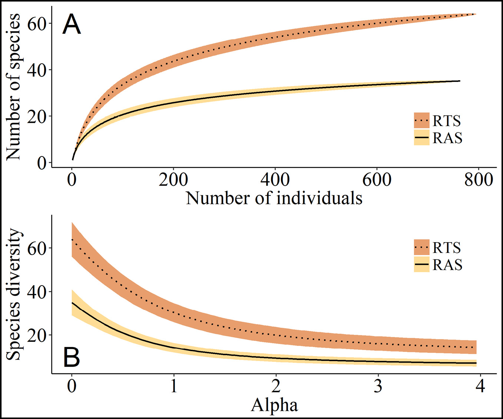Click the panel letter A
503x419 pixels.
click(71, 24)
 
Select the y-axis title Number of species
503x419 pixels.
click(13, 87)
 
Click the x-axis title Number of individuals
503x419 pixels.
click(274, 198)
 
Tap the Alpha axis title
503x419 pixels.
click(274, 405)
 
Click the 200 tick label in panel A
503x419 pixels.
click(173, 180)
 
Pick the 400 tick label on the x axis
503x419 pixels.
click(275, 180)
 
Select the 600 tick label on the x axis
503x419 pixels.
click(377, 180)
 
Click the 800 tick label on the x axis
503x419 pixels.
click(478, 180)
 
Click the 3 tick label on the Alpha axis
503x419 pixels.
click(378, 386)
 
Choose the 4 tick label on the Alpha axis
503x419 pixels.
click(480, 386)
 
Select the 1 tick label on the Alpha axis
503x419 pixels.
click(173, 386)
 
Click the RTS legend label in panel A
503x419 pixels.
click(447, 121)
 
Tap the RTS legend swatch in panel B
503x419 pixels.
click(421, 247)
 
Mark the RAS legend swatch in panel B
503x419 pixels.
click(421, 264)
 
